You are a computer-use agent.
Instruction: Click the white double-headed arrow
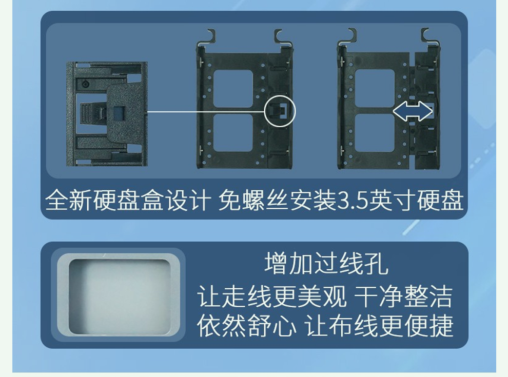click(x=413, y=111)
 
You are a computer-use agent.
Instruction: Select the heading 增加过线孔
click(x=326, y=264)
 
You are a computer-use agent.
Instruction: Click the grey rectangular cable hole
click(x=119, y=296)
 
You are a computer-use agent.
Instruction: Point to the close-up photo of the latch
click(x=107, y=114)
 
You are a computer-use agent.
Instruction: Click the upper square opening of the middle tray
click(x=233, y=89)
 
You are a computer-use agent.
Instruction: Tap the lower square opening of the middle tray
click(x=233, y=132)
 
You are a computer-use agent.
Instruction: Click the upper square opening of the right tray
click(x=375, y=88)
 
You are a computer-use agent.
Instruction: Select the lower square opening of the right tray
click(x=375, y=133)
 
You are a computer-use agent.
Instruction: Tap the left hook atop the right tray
click(x=350, y=35)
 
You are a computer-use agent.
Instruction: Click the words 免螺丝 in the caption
click(x=253, y=201)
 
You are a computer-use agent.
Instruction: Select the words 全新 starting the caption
click(x=69, y=201)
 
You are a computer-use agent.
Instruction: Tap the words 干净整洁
click(x=403, y=296)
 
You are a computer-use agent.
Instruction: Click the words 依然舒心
click(x=246, y=325)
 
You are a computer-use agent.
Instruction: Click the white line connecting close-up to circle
click(x=207, y=112)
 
